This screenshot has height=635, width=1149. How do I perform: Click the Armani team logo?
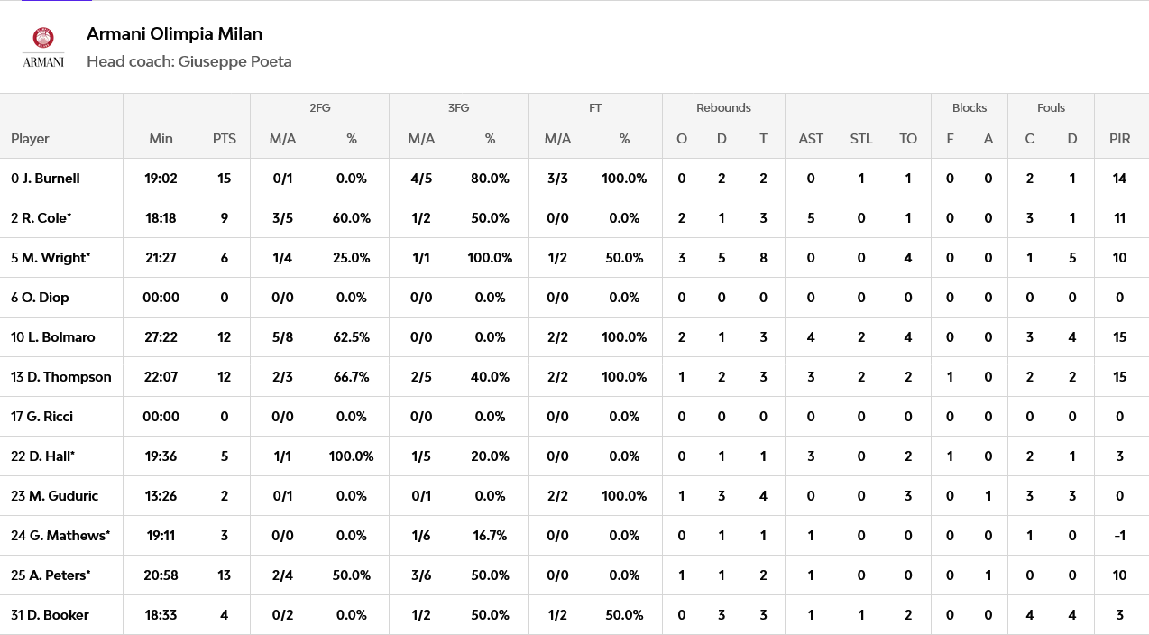click(x=43, y=47)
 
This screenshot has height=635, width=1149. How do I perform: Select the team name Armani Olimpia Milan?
click(x=174, y=34)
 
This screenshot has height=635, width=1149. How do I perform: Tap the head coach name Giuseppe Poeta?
click(x=234, y=61)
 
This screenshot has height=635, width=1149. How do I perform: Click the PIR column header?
click(x=1120, y=139)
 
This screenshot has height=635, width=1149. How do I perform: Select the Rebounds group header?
click(x=723, y=107)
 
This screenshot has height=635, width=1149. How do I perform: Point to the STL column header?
click(x=861, y=139)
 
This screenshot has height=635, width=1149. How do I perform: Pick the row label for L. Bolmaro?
click(x=53, y=337)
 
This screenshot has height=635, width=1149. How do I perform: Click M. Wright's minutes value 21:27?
click(x=161, y=257)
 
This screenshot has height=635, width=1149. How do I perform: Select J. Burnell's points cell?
click(x=225, y=179)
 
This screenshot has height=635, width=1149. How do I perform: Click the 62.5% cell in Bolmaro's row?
click(x=352, y=337)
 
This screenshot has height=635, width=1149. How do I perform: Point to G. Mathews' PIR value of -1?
click(x=1120, y=536)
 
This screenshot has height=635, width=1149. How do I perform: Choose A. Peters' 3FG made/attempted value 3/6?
click(x=421, y=575)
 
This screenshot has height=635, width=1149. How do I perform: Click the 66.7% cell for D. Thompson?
click(x=352, y=377)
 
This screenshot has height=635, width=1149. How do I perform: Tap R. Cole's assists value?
click(x=811, y=218)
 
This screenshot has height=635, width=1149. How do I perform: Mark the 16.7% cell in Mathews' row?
click(x=490, y=536)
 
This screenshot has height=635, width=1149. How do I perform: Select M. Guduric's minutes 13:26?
click(x=161, y=496)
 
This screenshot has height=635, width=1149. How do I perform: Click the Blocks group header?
click(x=970, y=107)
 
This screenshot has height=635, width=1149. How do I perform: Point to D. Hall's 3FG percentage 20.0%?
click(x=490, y=456)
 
